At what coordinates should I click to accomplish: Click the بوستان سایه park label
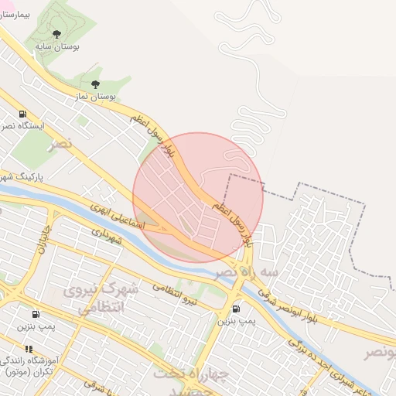click(x=58, y=46)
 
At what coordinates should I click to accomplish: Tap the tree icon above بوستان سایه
click(x=57, y=33)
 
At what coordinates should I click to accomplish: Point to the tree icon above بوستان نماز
click(x=96, y=84)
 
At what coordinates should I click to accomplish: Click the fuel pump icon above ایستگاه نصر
click(x=23, y=113)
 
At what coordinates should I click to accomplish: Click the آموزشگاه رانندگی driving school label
click(x=34, y=361)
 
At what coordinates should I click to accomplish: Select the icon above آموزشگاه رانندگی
click(x=29, y=349)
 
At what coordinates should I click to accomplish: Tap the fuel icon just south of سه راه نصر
click(x=235, y=310)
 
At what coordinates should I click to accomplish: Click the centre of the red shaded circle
click(x=198, y=197)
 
